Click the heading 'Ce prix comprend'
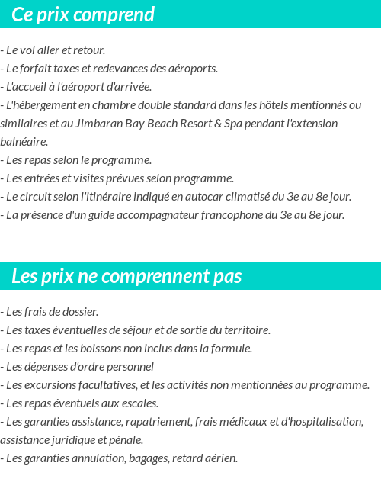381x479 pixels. tap(83, 14)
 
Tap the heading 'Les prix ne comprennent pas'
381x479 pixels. tap(126, 276)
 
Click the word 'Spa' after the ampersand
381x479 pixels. tap(233, 124)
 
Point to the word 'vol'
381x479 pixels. tap(27, 50)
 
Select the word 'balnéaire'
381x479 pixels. tap(23, 142)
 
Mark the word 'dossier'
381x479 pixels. tap(80, 312)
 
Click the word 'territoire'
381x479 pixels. tap(245, 330)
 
